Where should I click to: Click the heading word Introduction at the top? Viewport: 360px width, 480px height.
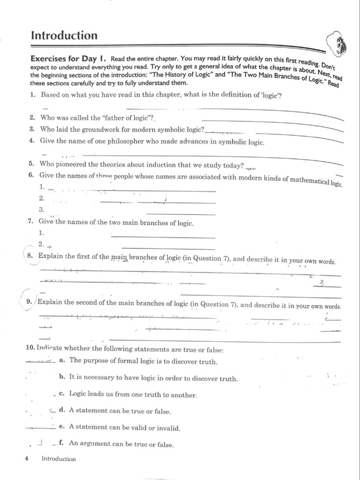(x=64, y=35)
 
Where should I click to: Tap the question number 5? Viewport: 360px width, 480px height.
(x=31, y=164)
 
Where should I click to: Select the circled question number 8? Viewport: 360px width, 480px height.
(x=30, y=256)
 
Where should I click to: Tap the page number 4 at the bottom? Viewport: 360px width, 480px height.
(x=27, y=459)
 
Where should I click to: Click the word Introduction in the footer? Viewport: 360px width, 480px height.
(x=58, y=459)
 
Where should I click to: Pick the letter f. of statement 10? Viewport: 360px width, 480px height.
(x=61, y=442)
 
